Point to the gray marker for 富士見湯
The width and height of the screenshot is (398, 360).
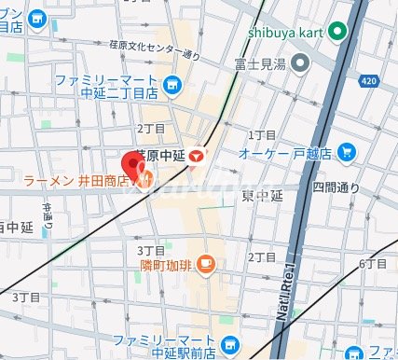pos(300,64)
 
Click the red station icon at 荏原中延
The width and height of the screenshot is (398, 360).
pos(198,158)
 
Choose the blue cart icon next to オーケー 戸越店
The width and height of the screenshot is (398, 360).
pos(346,150)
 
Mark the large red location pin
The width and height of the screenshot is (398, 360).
pos(133,160)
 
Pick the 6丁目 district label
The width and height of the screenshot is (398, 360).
pos(372,265)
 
